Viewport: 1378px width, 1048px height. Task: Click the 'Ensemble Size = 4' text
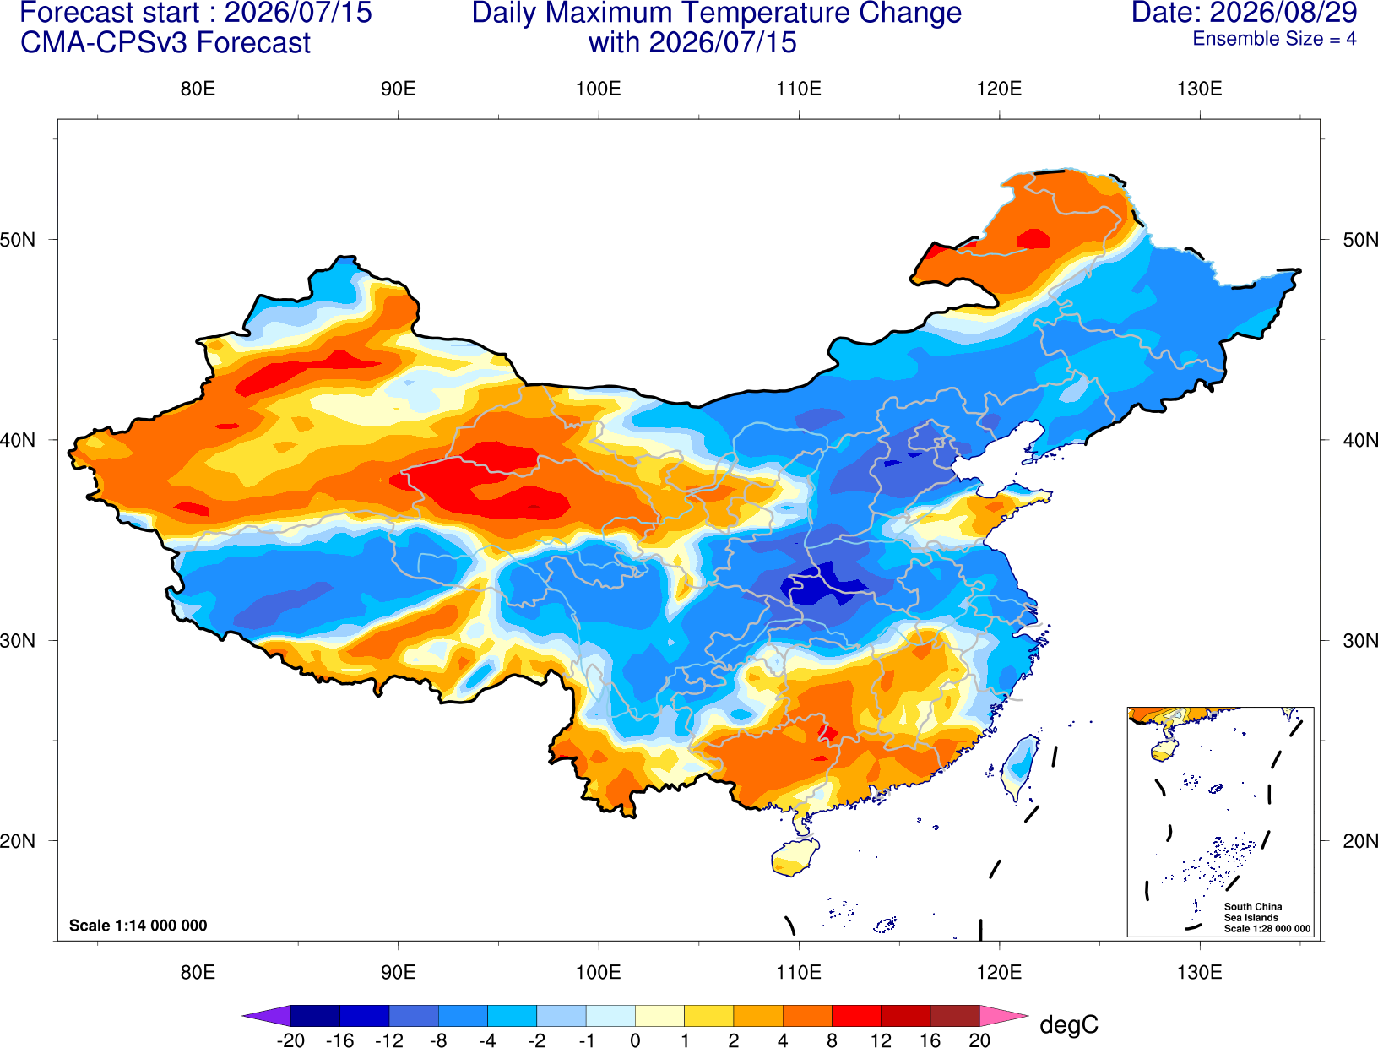click(x=1274, y=39)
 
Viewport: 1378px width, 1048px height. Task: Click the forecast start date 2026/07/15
click(x=298, y=13)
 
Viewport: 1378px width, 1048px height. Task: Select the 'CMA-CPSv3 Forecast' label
click(x=165, y=43)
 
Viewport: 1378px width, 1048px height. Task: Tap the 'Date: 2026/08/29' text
click(x=1244, y=13)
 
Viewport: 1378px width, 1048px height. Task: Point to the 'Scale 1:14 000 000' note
click(x=138, y=925)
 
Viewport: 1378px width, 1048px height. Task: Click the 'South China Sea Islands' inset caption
click(x=1252, y=912)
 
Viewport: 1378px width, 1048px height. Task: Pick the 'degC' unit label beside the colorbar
click(x=1068, y=1024)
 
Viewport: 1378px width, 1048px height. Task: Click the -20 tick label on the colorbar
click(x=290, y=1040)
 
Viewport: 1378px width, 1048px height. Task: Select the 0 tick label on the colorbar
click(x=635, y=1040)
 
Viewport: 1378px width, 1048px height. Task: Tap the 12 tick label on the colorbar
click(x=881, y=1040)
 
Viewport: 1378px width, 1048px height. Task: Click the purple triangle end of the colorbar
click(x=268, y=1015)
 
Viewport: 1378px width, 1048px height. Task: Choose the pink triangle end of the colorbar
click(x=1004, y=1015)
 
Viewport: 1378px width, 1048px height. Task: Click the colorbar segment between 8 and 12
click(x=856, y=1015)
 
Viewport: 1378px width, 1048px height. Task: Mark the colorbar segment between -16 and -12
click(x=364, y=1015)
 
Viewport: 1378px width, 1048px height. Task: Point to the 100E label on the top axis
click(x=599, y=89)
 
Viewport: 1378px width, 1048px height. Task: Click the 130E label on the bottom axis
click(x=1199, y=973)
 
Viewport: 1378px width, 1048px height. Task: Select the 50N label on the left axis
click(x=18, y=239)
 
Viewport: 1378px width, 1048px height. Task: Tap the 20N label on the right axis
click(x=1360, y=841)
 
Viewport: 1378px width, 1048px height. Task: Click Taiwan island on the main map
click(x=1018, y=768)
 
